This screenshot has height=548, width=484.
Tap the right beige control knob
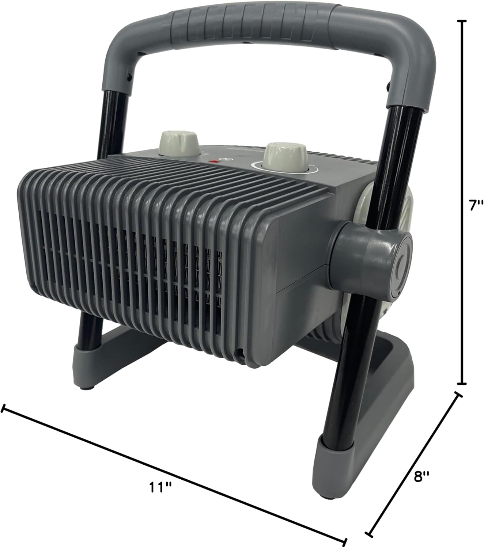pos(287,157)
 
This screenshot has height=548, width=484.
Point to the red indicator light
pos(215,161)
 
